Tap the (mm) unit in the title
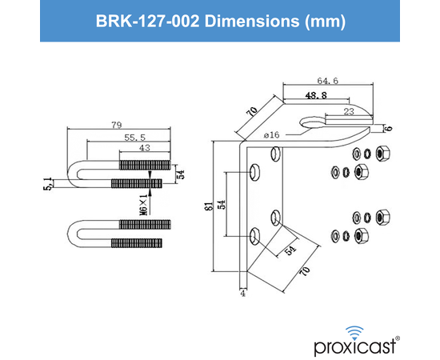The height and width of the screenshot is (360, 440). [x=324, y=22]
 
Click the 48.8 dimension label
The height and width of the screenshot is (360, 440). [x=318, y=95]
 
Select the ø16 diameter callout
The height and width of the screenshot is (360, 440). [x=270, y=136]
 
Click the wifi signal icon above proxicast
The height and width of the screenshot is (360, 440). [x=353, y=329]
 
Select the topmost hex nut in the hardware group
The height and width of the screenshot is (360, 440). [x=382, y=152]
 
